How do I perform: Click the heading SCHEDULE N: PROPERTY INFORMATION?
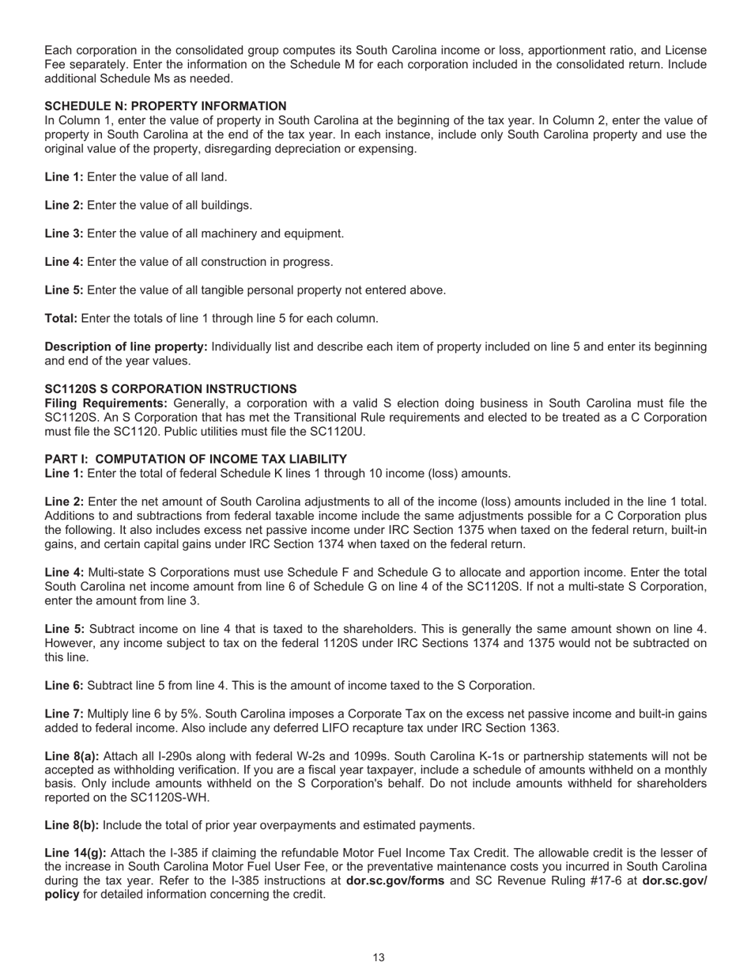pos(165,106)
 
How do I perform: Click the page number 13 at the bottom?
pos(379,957)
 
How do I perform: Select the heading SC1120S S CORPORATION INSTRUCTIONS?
pos(171,389)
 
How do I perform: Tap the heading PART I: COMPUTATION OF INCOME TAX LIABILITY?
pos(195,459)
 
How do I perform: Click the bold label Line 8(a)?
pos(71,756)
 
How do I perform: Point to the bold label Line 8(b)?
pos(71,825)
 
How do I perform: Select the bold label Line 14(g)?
pos(74,854)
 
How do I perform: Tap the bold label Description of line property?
pos(126,346)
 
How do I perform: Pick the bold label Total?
pos(61,319)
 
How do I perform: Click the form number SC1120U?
pos(340,432)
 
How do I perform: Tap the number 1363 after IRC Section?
pos(545,728)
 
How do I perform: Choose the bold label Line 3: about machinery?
pos(64,233)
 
